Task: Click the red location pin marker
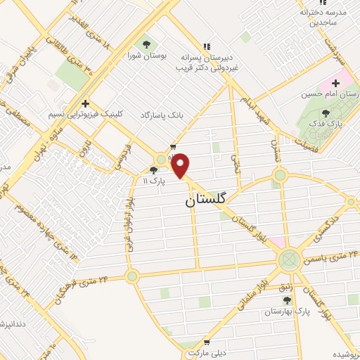pos(181,165)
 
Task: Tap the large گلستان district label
pos(207,200)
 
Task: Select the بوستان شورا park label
pos(146,54)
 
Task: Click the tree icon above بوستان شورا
pos(146,44)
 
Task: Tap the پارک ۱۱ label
pos(155,180)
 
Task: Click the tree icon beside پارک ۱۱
pos(155,169)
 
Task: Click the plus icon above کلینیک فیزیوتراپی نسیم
pos(84,103)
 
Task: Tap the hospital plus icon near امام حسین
pos(335,84)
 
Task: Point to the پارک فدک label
pos(325,123)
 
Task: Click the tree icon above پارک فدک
pos(325,112)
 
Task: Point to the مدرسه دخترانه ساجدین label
pos(324,18)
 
